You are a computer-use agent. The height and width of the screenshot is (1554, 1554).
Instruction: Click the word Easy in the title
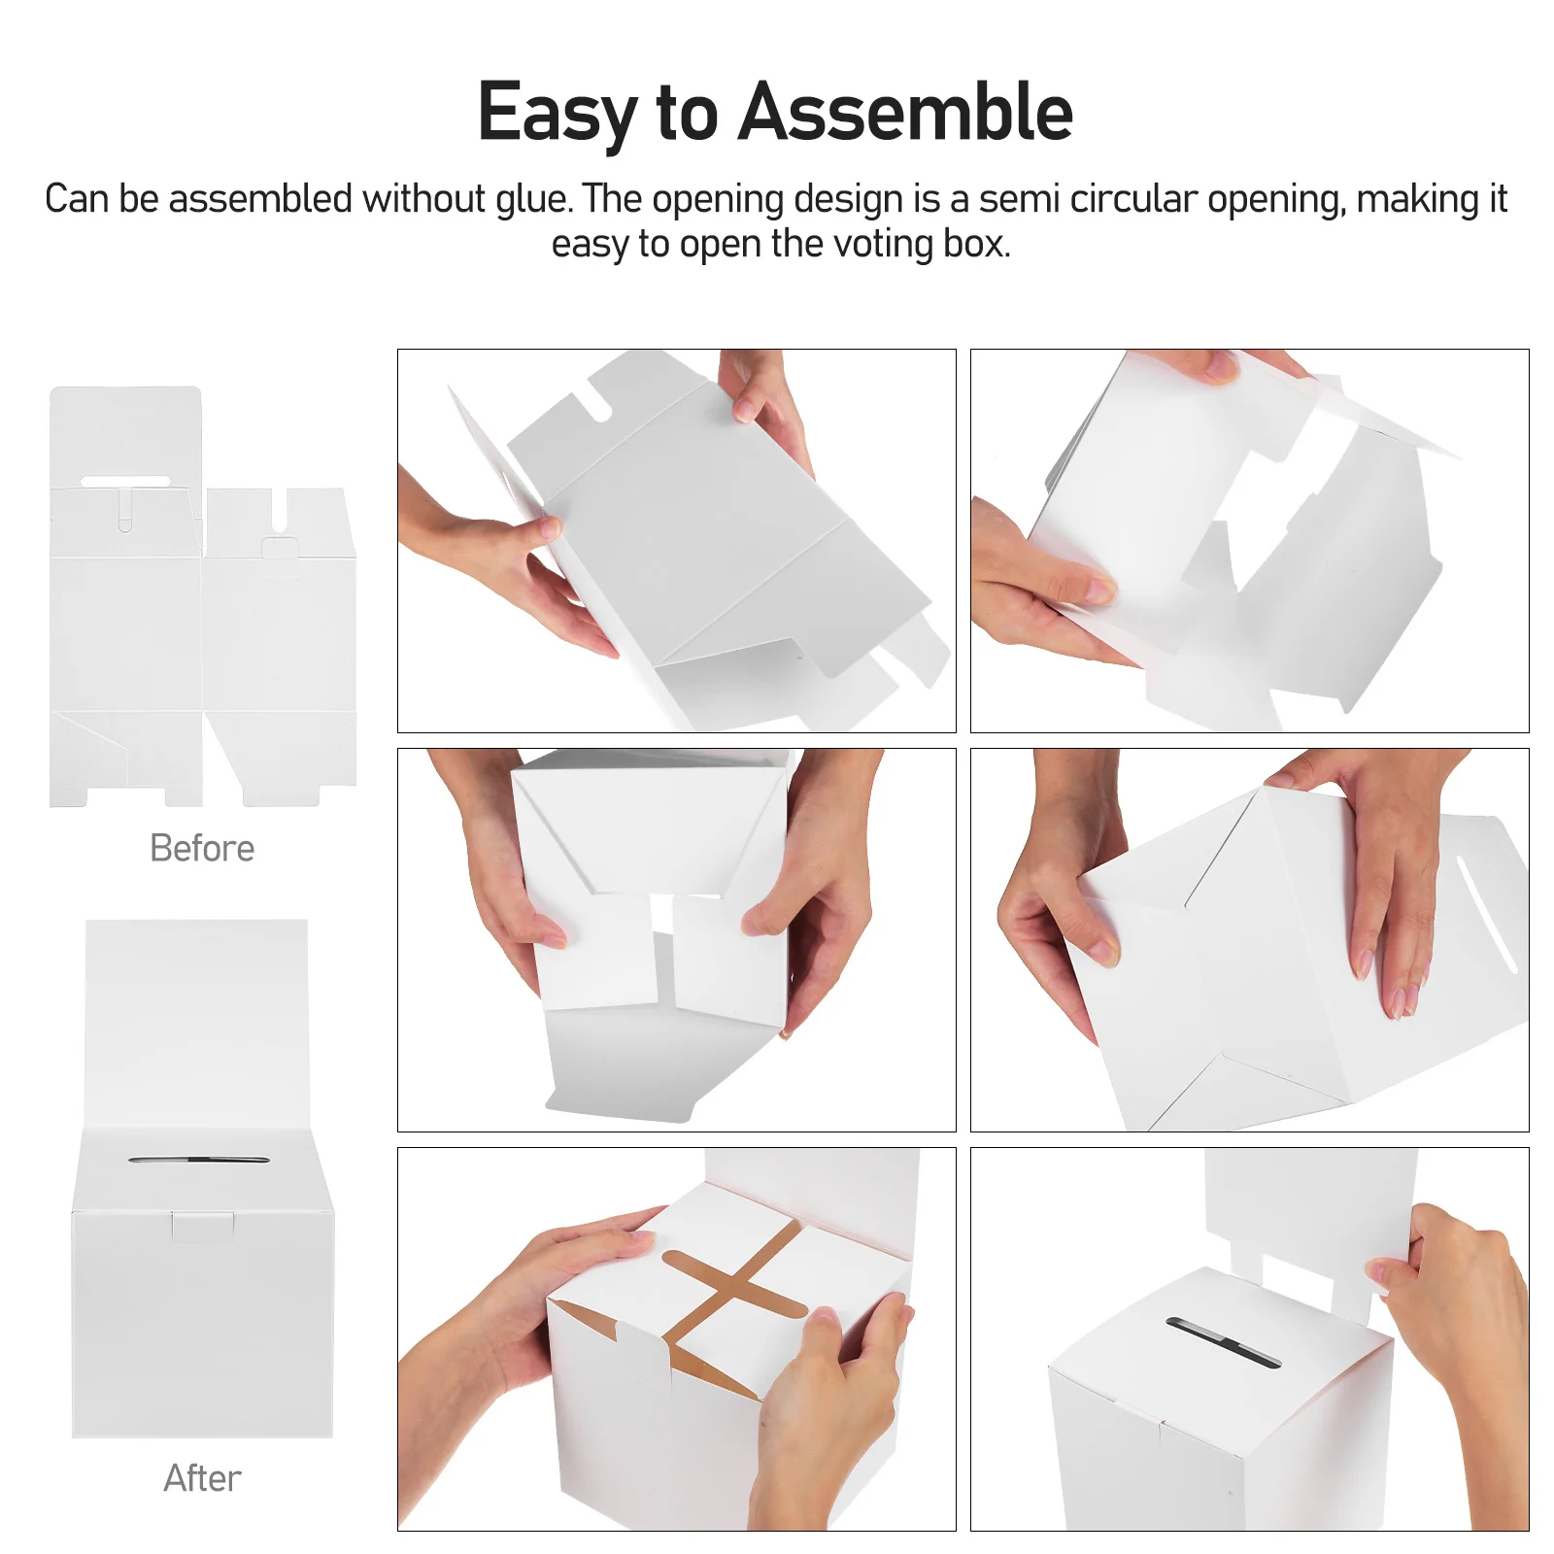[x=557, y=113]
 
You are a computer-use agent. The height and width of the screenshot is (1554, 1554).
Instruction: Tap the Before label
[x=202, y=848]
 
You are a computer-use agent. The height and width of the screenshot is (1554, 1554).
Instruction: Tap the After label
[x=202, y=1477]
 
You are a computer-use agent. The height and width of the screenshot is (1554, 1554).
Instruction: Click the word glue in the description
[x=534, y=199]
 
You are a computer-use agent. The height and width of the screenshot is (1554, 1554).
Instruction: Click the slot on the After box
[x=199, y=1160]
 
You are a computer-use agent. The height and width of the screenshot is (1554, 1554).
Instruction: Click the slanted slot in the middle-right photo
[x=1487, y=913]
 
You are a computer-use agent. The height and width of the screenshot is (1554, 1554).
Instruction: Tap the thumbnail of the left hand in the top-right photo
[x=1099, y=588]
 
